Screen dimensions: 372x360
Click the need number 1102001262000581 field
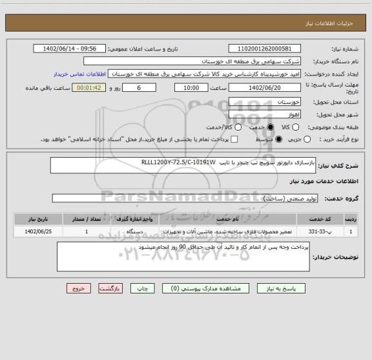click(265, 48)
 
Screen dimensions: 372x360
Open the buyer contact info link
click(77, 74)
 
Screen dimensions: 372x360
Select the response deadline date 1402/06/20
click(265, 87)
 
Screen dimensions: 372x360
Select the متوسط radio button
click(278, 139)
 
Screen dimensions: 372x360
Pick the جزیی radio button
click(307, 139)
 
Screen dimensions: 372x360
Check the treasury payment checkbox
click(234, 139)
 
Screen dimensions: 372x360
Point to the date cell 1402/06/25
click(33, 231)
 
